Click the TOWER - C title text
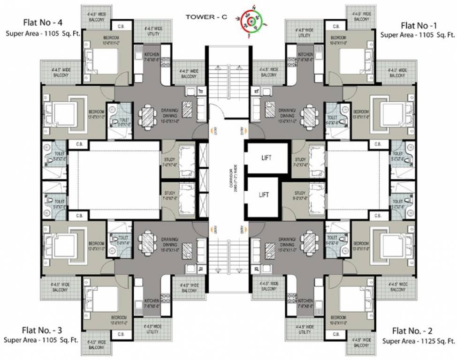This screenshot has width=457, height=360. pyautogui.click(x=206, y=17)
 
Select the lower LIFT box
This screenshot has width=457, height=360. pyautogui.click(x=263, y=195)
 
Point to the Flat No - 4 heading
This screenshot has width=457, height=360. pyautogui.click(x=43, y=23)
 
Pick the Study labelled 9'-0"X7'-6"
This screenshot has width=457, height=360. pyautogui.click(x=300, y=195)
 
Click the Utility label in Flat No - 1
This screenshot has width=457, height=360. pyautogui.click(x=304, y=33)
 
